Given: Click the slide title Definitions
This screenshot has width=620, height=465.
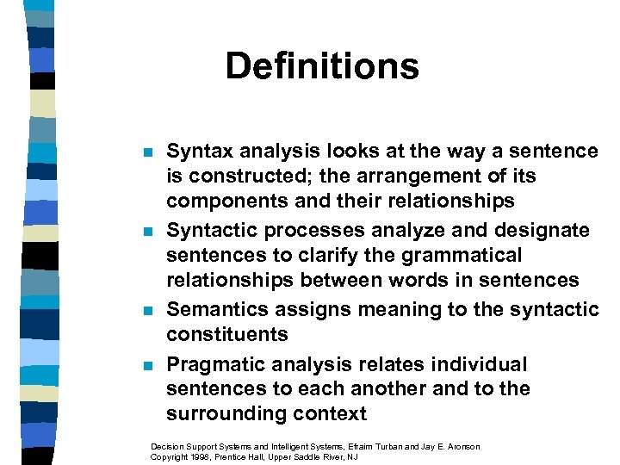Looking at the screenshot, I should (322, 66).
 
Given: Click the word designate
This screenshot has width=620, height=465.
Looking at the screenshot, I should (541, 230).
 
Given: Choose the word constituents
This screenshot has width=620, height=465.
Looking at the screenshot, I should (227, 334).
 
